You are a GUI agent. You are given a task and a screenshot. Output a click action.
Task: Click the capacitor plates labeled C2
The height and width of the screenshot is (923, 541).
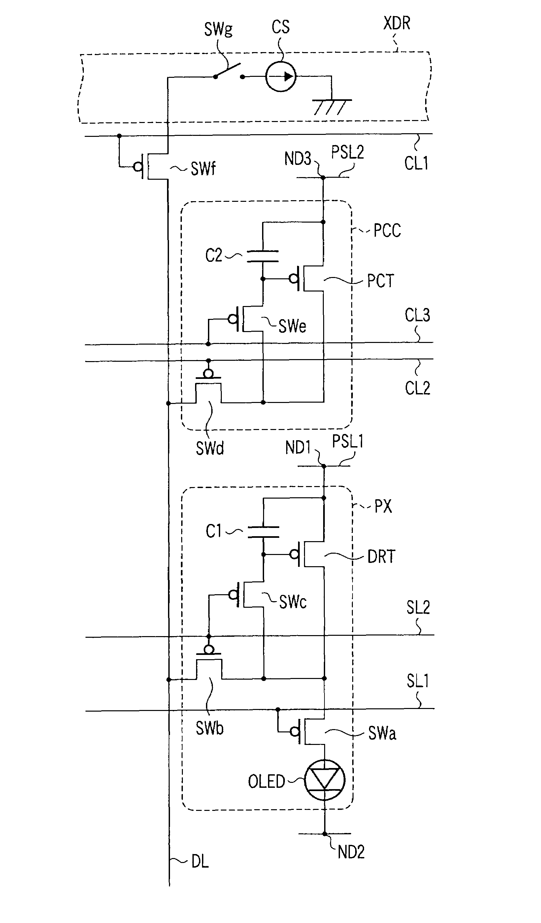(x=263, y=257)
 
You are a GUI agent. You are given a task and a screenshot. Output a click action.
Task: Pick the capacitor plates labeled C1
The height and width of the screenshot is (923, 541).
(x=263, y=532)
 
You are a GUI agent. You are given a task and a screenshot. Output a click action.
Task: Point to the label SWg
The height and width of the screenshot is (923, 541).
(x=218, y=29)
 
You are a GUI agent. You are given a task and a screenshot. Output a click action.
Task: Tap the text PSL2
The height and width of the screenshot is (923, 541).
(x=348, y=152)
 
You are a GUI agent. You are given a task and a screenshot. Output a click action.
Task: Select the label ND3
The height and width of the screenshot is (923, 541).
(x=298, y=159)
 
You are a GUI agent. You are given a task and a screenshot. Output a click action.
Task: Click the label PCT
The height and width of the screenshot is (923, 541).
(x=381, y=281)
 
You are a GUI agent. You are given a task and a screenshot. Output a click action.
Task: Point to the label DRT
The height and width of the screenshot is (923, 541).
(x=382, y=556)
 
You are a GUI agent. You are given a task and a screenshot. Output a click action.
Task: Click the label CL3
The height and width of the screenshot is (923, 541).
(x=418, y=315)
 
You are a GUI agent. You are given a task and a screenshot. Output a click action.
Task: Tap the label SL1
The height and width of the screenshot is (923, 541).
(x=418, y=681)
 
